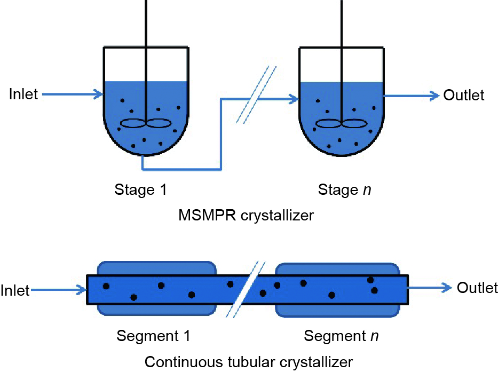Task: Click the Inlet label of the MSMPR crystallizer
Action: [24, 94]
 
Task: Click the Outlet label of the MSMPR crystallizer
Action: [464, 96]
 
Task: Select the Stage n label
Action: [344, 190]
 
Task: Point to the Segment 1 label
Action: [153, 336]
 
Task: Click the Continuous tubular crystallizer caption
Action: [249, 362]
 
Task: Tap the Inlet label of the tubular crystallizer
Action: [15, 291]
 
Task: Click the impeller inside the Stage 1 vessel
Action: [145, 123]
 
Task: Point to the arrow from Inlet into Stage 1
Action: [73, 95]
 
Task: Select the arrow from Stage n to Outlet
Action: [411, 96]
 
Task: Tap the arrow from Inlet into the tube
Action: [59, 291]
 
